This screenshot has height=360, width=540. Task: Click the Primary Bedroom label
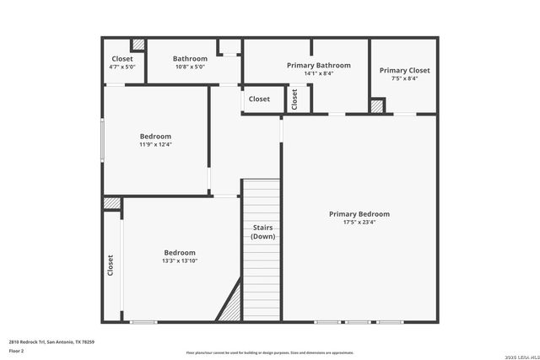point(359,214)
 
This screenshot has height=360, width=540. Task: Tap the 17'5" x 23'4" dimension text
point(359,223)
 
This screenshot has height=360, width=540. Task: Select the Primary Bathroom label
point(318,65)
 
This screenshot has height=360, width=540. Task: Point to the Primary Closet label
point(404,70)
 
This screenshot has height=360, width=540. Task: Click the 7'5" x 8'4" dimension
point(404,78)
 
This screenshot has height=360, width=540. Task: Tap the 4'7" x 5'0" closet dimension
point(122,67)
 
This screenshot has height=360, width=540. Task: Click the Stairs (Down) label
point(262,232)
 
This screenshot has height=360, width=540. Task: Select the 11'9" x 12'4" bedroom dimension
point(155,144)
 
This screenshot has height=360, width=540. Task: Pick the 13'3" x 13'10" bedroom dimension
point(180,261)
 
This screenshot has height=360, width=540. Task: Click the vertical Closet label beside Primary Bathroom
point(294,99)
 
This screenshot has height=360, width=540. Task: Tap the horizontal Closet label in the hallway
point(259,99)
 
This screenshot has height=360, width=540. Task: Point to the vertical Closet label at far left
point(111,266)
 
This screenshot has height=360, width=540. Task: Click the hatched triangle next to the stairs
point(230,304)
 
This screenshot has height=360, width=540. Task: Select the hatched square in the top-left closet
point(138,45)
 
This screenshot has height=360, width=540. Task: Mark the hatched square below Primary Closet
point(377,106)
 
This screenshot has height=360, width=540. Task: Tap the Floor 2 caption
point(16,350)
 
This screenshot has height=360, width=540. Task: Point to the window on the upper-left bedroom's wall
point(103,140)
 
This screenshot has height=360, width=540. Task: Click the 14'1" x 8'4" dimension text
point(318,73)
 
